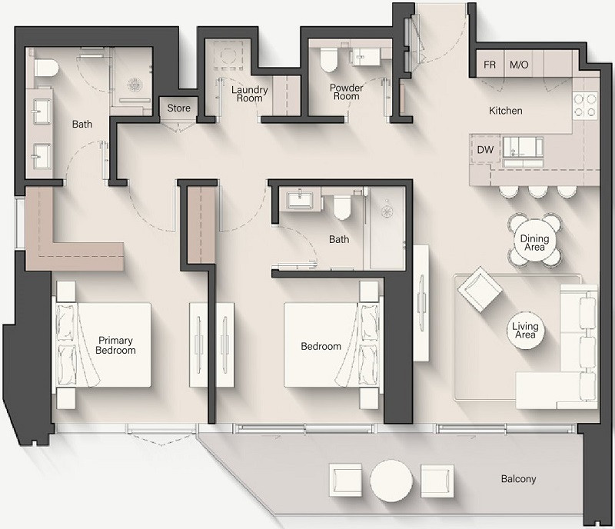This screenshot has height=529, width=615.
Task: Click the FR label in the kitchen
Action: (x=490, y=65)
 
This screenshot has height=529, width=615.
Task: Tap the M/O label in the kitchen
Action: (x=519, y=65)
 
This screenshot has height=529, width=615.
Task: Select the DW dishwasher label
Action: (x=485, y=150)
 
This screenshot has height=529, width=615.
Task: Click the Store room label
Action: (x=179, y=108)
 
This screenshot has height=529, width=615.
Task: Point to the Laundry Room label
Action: (x=249, y=94)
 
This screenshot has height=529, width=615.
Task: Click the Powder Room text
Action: (x=347, y=91)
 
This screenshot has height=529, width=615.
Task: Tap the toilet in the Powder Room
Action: (x=329, y=60)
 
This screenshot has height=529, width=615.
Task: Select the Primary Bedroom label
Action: (x=116, y=345)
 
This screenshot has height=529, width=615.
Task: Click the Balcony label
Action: (x=518, y=479)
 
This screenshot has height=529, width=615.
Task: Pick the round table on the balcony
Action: (x=391, y=481)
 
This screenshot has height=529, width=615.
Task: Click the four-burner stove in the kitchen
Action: (x=585, y=106)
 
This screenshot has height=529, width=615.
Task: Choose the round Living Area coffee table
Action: (x=525, y=331)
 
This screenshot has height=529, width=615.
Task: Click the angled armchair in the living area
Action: (x=480, y=290)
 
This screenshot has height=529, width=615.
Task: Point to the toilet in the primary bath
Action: (x=46, y=68)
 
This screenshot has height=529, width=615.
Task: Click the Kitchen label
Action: (x=506, y=111)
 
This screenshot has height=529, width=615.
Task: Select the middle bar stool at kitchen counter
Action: (x=537, y=191)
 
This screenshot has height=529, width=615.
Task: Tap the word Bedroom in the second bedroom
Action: (x=321, y=346)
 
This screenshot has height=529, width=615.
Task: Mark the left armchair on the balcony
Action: (x=345, y=480)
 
